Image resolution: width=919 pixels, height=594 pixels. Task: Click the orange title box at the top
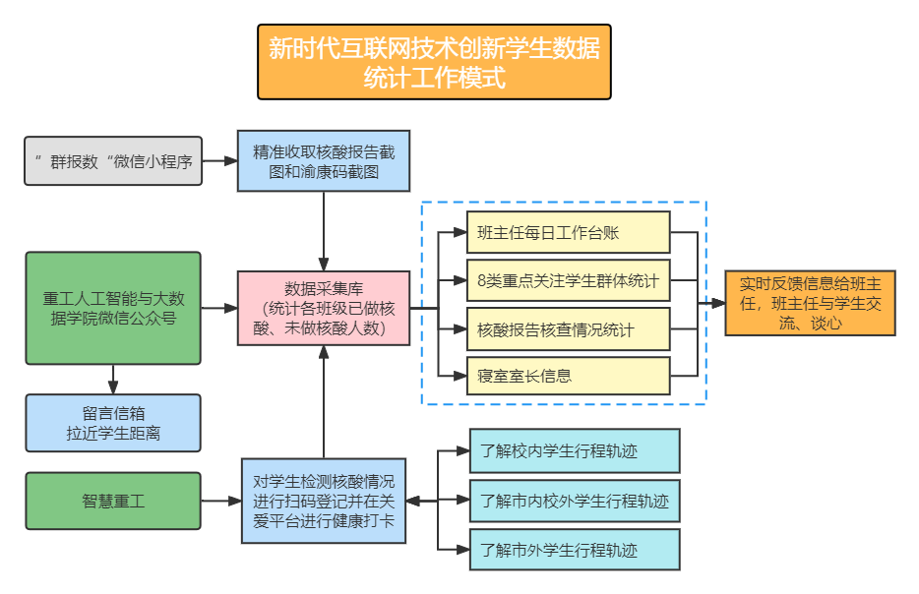(x=434, y=62)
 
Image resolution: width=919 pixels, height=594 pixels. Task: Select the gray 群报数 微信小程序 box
(x=113, y=161)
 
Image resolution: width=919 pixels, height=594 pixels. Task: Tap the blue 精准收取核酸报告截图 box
(x=324, y=160)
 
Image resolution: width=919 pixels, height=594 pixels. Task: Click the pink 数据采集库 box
(x=324, y=308)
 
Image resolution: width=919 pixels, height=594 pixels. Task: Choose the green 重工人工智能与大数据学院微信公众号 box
(x=113, y=308)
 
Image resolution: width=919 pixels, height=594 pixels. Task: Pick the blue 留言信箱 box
(x=113, y=423)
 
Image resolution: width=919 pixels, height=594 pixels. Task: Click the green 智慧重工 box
(x=113, y=501)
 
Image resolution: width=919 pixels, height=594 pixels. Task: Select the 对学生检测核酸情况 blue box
(x=324, y=501)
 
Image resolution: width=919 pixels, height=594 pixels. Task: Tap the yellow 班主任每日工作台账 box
(x=568, y=233)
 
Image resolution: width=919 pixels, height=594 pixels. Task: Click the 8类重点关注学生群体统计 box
(x=568, y=281)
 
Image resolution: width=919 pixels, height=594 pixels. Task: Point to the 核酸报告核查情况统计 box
(x=568, y=328)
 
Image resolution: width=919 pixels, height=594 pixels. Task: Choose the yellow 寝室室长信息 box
(x=568, y=376)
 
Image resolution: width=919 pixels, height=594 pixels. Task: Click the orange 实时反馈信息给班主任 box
(x=810, y=303)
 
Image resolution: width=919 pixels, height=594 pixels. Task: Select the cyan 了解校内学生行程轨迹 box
(x=575, y=451)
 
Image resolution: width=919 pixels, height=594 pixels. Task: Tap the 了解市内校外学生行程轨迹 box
(x=575, y=501)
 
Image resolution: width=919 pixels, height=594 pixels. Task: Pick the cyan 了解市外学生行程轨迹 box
(x=575, y=550)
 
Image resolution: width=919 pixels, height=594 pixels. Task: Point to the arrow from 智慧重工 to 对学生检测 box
(x=221, y=501)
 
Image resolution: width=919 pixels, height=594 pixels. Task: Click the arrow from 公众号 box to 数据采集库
(x=219, y=308)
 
